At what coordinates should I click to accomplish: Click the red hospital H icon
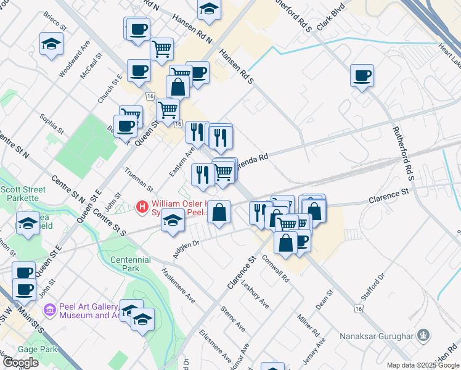[142, 205]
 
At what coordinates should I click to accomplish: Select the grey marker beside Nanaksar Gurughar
[423, 336]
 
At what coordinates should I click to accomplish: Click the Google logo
[20, 363]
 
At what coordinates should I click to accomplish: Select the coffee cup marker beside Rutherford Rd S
[362, 76]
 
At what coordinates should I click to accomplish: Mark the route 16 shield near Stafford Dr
[358, 308]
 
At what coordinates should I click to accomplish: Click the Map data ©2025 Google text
[423, 365]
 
